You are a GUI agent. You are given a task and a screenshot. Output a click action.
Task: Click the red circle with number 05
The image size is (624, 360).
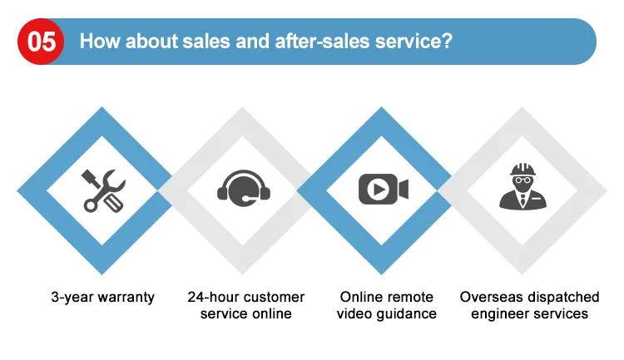41,42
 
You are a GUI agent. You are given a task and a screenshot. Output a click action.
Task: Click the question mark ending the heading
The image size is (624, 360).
448,41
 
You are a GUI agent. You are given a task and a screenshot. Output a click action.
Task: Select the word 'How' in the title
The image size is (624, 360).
100,41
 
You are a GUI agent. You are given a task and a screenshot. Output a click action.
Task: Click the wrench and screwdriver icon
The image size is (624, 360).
103,190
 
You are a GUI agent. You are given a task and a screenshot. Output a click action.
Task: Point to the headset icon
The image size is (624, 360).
244,188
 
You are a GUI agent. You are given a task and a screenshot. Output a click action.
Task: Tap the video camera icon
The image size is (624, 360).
384,189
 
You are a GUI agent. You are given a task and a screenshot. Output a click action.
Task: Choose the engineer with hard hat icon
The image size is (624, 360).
523,186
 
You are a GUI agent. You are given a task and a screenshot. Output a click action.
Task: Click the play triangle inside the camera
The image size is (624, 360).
379,189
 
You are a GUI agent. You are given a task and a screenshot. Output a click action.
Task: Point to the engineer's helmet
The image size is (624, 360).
523,170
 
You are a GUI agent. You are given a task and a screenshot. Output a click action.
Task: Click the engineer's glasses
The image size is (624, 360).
523,180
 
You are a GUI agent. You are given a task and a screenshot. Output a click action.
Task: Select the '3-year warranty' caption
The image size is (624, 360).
102,298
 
